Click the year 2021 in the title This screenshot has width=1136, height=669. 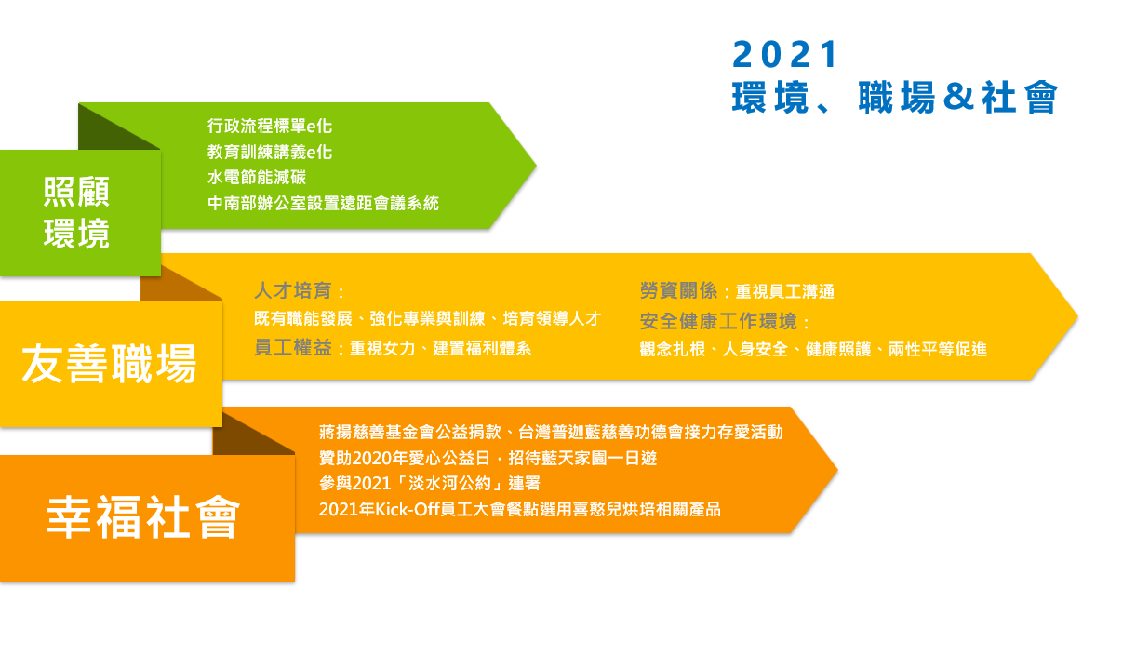784,54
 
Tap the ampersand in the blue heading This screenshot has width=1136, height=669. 958,97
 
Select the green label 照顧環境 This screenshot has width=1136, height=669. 76,213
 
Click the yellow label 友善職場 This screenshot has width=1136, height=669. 109,364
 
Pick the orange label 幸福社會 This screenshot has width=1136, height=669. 143,517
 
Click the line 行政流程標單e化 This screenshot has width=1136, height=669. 270,126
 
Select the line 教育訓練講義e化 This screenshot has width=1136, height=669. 270,152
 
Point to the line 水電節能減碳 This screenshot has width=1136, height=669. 257,177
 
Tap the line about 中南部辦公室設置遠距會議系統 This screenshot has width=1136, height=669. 323,203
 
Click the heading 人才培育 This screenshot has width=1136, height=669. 293,290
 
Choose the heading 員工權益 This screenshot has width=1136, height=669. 293,348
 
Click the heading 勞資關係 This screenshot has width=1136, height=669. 678,290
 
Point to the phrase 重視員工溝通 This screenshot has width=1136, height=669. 785,291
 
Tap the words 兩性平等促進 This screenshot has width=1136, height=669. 938,349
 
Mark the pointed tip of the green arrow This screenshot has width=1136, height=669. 536,166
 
